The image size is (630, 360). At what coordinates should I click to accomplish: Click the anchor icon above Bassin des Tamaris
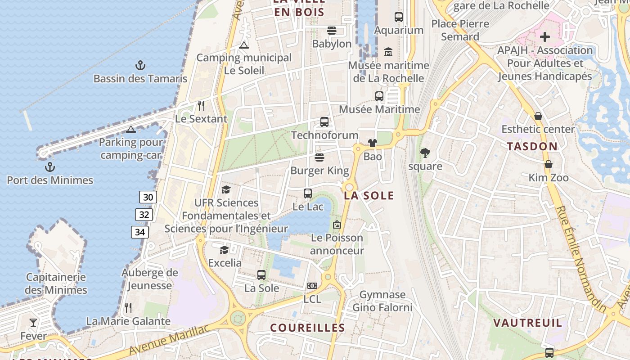pos(140,66)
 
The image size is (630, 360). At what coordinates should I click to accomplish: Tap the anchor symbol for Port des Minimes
pos(49,167)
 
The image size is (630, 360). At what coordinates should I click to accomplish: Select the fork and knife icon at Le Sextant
pos(201,106)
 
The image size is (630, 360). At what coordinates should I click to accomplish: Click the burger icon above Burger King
pos(319,157)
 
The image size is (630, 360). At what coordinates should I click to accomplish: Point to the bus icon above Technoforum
pos(324,122)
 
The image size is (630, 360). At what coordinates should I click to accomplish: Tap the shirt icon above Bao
pos(373,143)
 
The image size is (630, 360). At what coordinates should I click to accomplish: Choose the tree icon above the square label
pos(425,153)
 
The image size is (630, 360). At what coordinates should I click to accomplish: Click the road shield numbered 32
pos(144,215)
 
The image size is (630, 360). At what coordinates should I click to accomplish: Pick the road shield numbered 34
pos(140,232)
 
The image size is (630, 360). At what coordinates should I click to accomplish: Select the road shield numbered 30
pos(148,197)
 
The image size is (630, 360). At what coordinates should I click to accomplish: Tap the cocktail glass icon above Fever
pos(33,322)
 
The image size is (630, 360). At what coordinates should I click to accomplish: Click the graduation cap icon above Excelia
pos(224,250)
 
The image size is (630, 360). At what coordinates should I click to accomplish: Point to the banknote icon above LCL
pos(312,286)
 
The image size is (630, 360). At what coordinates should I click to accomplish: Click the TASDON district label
pos(532,146)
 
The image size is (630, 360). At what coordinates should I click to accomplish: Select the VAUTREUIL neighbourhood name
pos(528,323)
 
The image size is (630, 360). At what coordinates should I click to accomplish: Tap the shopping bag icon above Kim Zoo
pos(548,164)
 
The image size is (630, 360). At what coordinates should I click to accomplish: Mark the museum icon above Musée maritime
pos(388,52)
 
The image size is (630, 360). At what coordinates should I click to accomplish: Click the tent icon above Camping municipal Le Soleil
pos(244,45)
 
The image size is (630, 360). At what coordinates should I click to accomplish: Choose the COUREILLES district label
pos(307,328)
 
